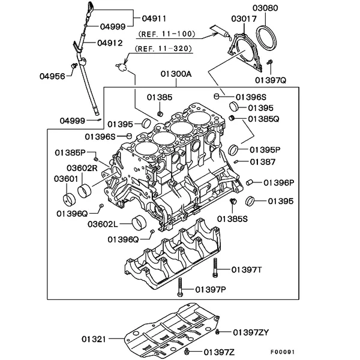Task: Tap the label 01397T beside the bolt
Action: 247,269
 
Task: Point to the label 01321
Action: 94,340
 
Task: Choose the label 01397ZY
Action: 251,332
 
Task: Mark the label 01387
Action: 263,161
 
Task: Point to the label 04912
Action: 109,42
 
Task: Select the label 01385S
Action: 233,218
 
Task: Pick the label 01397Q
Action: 271,79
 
